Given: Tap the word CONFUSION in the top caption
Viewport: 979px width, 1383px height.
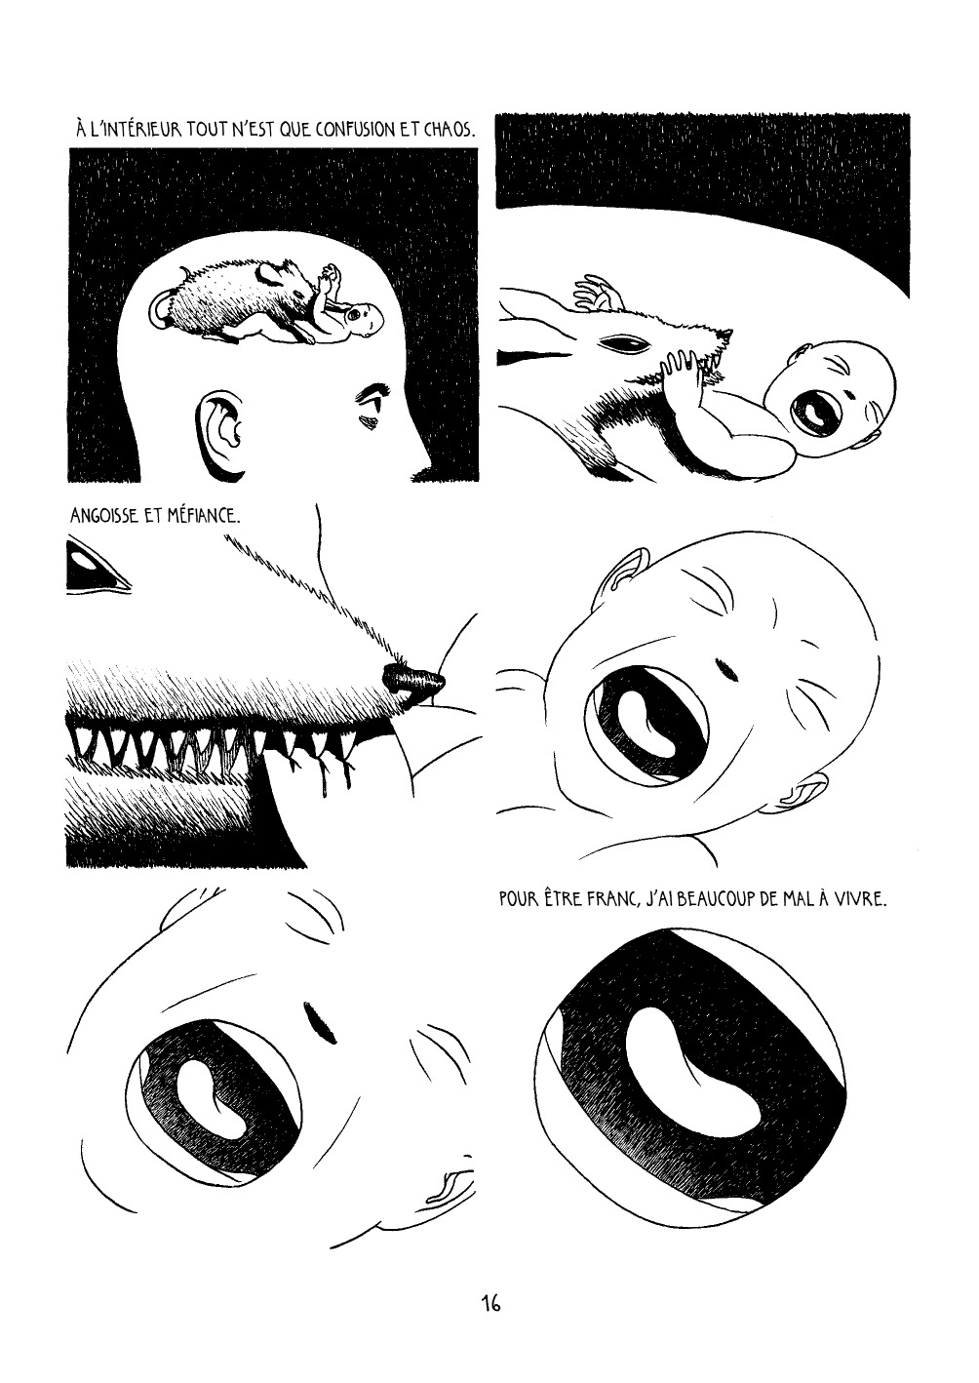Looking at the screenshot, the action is pyautogui.click(x=351, y=131).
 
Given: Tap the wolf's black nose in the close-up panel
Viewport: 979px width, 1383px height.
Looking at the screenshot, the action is pyautogui.click(x=413, y=679).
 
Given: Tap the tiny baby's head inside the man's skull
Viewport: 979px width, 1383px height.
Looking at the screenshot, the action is pyautogui.click(x=363, y=317).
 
